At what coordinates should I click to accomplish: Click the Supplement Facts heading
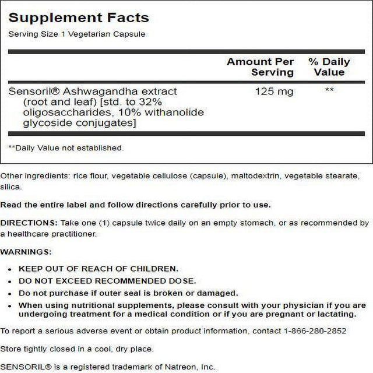pos(78,17)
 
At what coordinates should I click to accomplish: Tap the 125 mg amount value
pos(270,92)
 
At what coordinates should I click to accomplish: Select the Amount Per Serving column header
pos(260,66)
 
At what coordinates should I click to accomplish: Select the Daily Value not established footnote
pos(66,148)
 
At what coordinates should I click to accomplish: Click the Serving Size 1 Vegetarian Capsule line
pos(76,34)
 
